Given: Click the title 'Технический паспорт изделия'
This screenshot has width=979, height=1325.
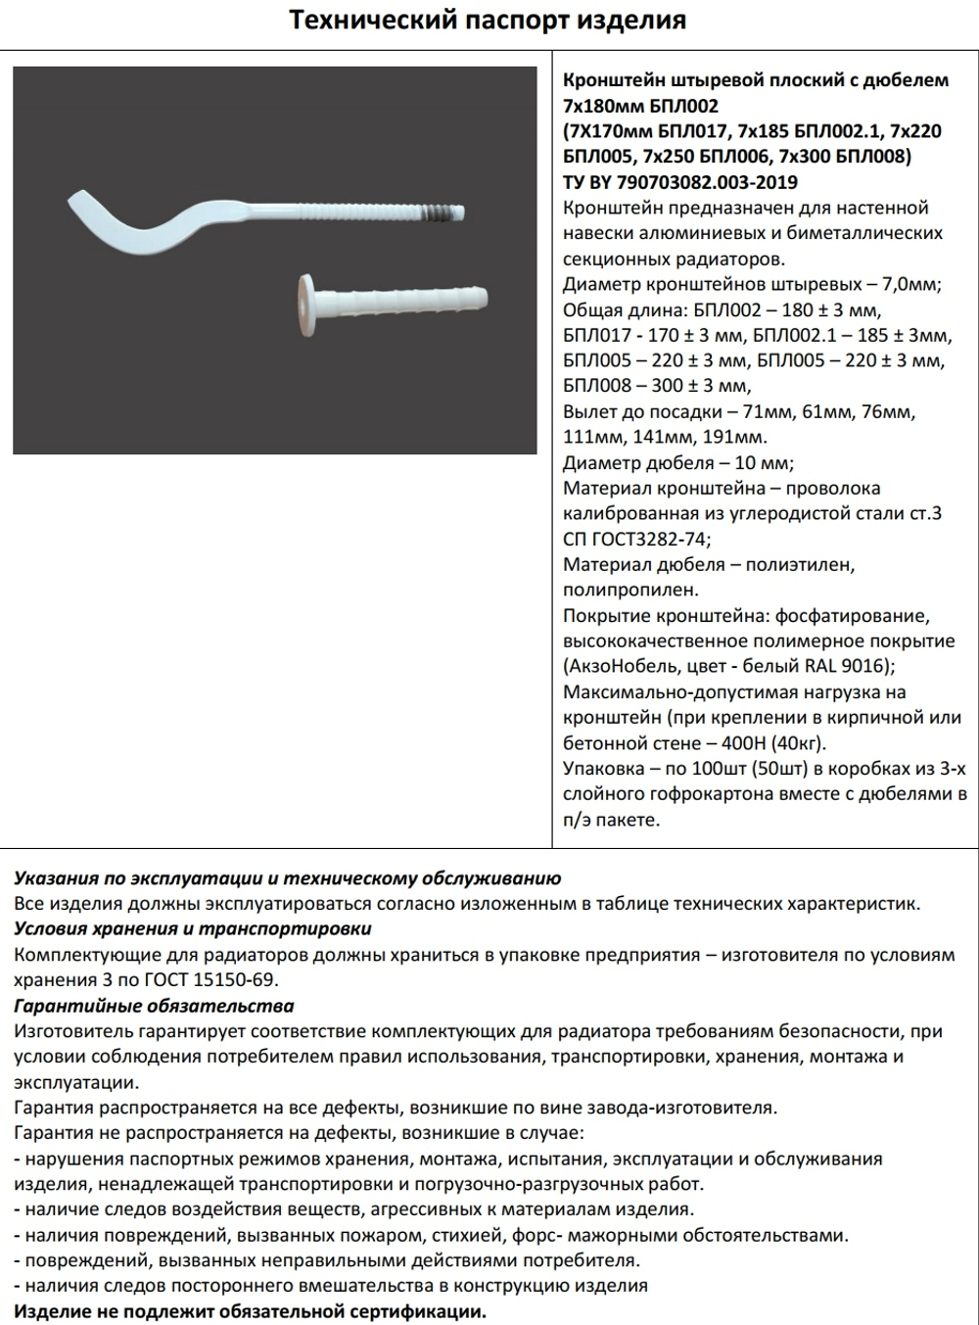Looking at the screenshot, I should click(488, 21).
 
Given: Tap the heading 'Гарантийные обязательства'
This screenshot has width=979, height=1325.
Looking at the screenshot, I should click(154, 1006).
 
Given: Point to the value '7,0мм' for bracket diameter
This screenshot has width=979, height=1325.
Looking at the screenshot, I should click(909, 285).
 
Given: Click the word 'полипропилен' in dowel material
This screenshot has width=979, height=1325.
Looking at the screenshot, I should click(629, 591).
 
